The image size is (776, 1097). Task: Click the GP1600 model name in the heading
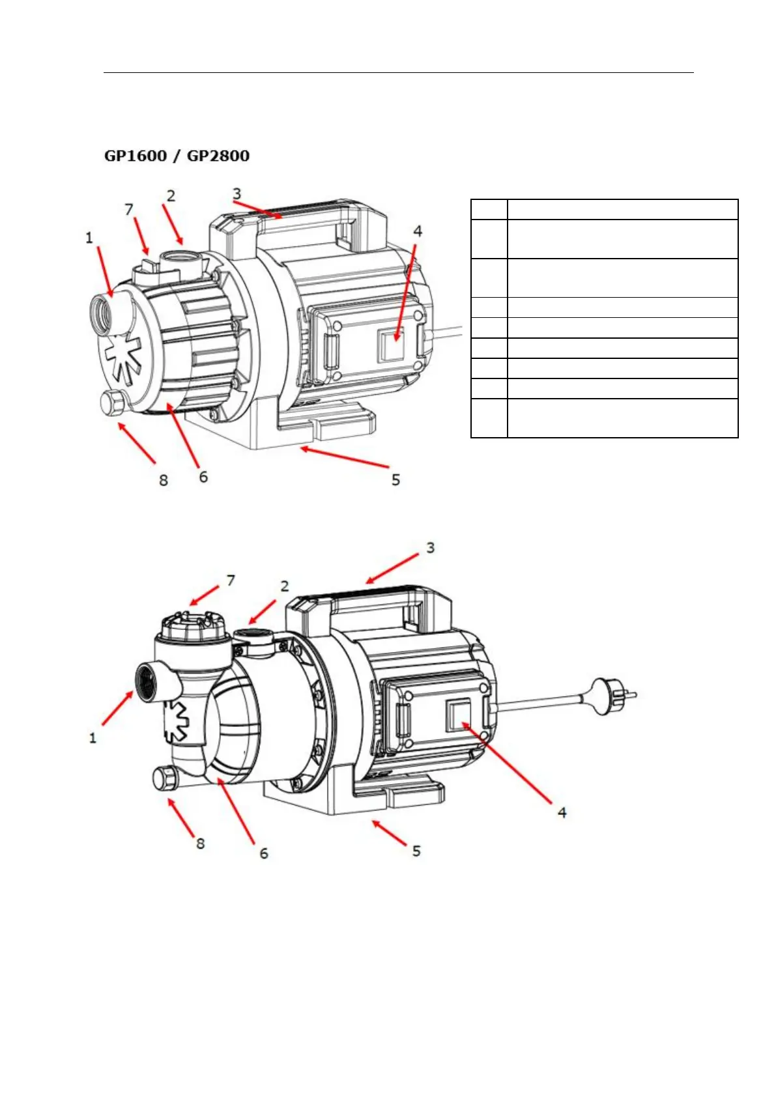[x=135, y=156]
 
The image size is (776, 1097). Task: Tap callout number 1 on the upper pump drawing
[x=89, y=238]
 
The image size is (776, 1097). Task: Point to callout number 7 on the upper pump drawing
[x=129, y=209]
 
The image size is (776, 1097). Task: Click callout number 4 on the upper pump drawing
[x=418, y=231]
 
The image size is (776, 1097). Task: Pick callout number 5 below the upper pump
[x=395, y=480]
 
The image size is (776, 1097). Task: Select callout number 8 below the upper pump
[x=164, y=480]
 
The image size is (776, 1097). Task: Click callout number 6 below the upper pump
[x=203, y=477]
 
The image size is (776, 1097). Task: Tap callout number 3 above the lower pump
[x=430, y=548]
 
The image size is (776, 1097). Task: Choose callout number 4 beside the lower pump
[x=562, y=812]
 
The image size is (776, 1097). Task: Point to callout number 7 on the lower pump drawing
[x=230, y=580]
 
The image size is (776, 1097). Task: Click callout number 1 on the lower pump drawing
[x=93, y=738]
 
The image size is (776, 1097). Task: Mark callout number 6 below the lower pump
[x=263, y=853]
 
